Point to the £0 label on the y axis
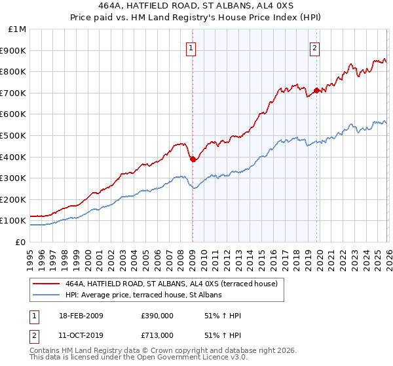tap(20, 242)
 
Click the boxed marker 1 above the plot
tap(191, 47)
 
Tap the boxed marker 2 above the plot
tap(315, 47)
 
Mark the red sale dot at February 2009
tap(193, 159)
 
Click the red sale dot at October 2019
tap(316, 90)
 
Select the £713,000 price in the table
tap(158, 335)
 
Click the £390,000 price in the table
tap(158, 316)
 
